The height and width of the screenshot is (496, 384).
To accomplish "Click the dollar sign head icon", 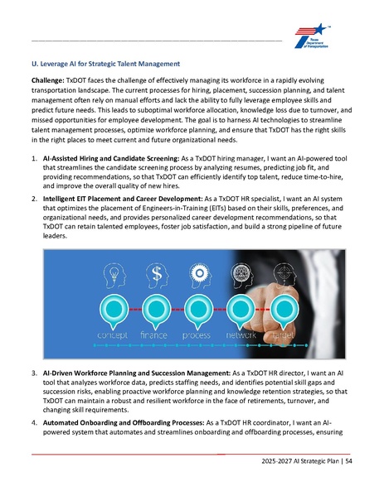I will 154,272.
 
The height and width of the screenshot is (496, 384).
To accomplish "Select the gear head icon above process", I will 198,272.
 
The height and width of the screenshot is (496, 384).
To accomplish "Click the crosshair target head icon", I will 284,272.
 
